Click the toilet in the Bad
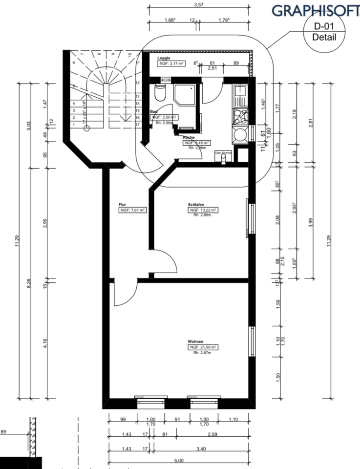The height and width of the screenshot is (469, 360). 160,93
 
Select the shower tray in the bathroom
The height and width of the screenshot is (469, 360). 186,94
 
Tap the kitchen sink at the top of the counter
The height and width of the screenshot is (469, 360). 240,92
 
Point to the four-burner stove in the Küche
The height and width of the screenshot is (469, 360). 240,116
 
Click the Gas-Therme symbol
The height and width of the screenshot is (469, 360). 224,153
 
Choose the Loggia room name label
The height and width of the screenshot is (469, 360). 163,58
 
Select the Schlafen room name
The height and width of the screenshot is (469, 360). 195,204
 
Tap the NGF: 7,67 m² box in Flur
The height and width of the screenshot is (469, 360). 132,210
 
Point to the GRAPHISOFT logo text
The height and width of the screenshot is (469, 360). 315,10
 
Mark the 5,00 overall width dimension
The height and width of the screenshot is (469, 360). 179,460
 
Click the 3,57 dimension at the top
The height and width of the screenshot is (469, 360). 198,4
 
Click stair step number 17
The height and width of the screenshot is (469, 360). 138,125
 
